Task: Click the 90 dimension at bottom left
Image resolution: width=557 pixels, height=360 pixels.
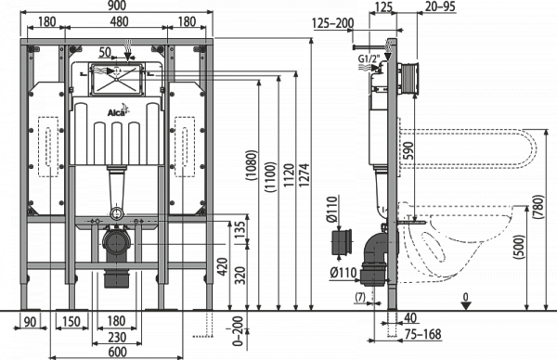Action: pos(30,321)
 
